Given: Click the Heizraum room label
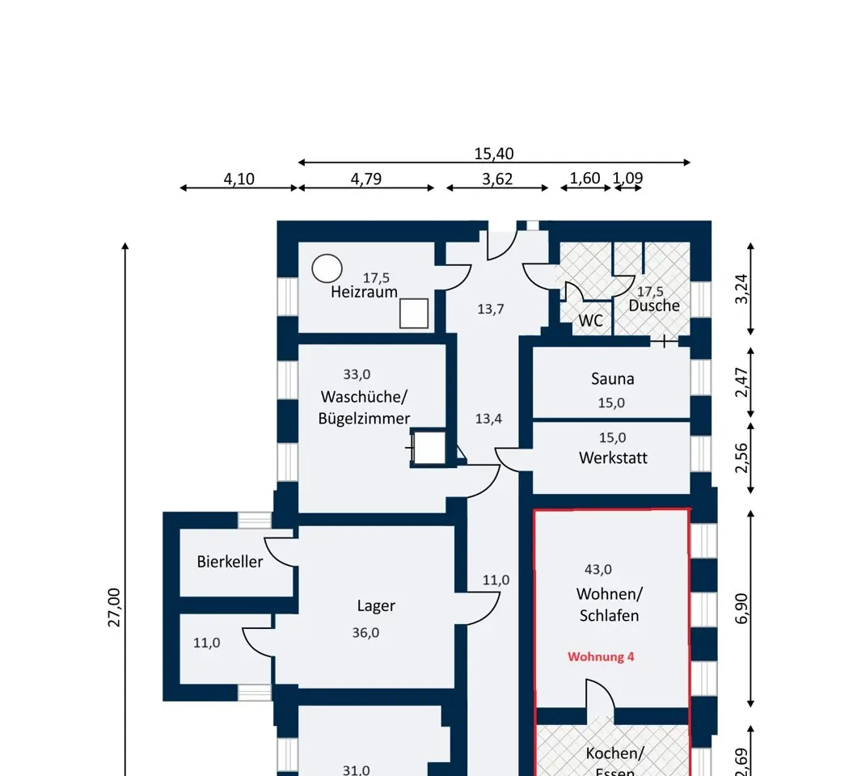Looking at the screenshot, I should tap(364, 292).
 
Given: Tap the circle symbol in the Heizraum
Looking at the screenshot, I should tap(327, 268).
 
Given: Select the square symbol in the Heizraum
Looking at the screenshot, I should tap(414, 314).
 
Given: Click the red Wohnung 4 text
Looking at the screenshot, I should tap(601, 656).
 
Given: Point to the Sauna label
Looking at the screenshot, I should tap(612, 378).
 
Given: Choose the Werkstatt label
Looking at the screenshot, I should tap(613, 458).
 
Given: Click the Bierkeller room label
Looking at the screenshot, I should tap(230, 561).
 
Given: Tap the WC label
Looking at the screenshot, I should tap(590, 321).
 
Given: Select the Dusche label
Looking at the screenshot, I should tap(654, 306).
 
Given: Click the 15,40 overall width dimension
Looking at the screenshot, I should tap(493, 154).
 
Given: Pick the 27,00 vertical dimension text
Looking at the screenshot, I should tap(114, 606).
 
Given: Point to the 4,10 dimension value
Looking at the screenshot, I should tap(239, 179).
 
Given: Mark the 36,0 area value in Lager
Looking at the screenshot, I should tap(365, 633).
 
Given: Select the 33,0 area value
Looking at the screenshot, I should tap(357, 374).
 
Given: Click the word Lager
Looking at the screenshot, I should tap(376, 605).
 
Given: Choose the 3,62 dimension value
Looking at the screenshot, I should tap(497, 179).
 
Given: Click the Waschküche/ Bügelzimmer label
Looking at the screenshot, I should tap(364, 407).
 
